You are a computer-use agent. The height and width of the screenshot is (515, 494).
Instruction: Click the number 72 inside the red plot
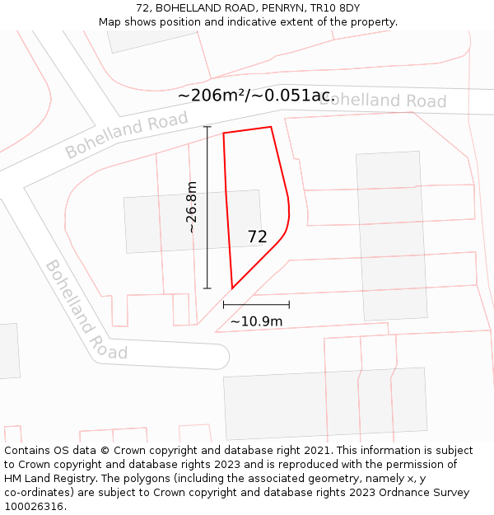click(257, 236)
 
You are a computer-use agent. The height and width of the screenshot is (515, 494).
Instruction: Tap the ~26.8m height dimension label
click(191, 207)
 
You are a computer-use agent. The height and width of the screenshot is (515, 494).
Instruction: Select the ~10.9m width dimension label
click(256, 321)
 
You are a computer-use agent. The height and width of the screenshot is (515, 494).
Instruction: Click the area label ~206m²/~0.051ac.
click(256, 96)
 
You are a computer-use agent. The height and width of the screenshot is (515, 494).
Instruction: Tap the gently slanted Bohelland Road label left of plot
click(127, 136)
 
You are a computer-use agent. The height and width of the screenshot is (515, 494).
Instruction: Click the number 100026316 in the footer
click(33, 507)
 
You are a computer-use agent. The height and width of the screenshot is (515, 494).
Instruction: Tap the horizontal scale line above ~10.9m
click(256, 305)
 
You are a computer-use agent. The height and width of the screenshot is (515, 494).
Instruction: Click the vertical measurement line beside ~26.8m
click(207, 207)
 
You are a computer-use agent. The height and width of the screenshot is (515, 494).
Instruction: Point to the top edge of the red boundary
click(247, 130)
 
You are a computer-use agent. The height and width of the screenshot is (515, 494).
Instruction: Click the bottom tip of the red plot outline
click(232, 288)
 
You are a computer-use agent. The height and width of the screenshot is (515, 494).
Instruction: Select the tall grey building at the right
click(391, 236)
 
